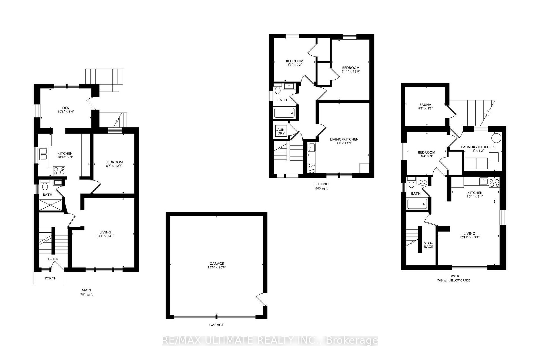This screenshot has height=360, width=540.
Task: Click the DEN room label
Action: [66, 108]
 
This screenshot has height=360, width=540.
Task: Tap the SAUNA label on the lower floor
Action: [425, 105]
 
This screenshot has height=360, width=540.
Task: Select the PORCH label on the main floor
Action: [51, 278]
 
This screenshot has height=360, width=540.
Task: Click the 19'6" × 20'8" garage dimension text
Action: [217, 267]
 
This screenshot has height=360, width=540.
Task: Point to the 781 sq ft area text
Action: [86, 295]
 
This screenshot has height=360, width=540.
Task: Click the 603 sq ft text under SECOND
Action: [321, 188]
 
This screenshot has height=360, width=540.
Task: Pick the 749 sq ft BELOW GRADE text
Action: [453, 280]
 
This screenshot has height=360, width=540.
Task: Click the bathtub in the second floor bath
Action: [284, 113]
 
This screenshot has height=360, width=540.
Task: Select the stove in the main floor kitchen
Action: [59, 171]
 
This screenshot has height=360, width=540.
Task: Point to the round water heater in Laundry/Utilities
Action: [496, 138]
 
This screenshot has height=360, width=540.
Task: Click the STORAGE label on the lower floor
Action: [428, 245]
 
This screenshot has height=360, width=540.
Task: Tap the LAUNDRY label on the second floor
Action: [281, 131]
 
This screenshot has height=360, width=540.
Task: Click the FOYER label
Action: [53, 259]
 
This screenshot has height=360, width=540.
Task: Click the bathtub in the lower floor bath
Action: [417, 204]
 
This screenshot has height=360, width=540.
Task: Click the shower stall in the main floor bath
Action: [50, 205]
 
